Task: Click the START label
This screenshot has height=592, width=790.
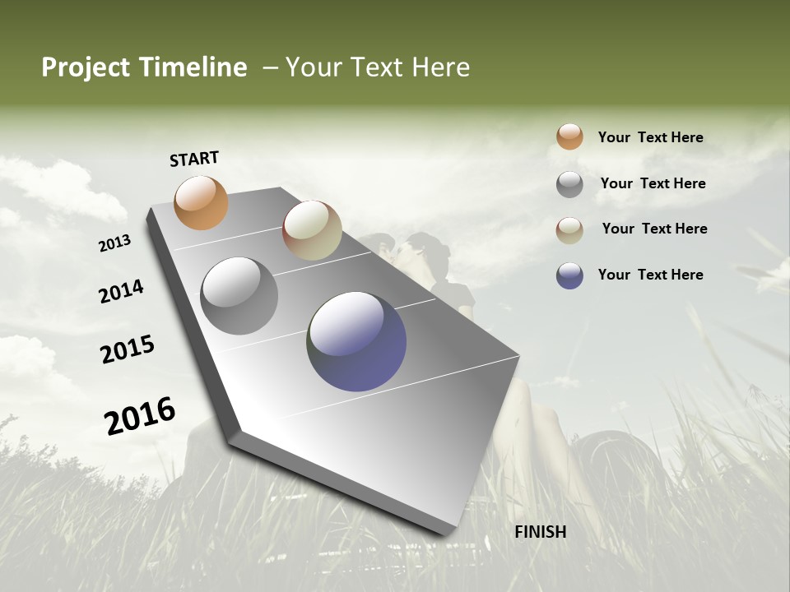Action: [194, 159]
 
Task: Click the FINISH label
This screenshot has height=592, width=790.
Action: [540, 532]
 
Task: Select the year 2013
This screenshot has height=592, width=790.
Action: [115, 243]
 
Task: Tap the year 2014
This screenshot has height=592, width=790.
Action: [121, 291]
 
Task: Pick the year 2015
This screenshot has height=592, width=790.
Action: [128, 349]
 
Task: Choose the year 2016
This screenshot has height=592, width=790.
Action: [140, 415]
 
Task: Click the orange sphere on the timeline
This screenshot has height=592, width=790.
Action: [201, 202]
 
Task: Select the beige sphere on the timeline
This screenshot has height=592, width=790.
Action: [312, 230]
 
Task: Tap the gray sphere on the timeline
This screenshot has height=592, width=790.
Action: [239, 296]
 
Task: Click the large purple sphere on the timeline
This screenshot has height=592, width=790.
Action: [356, 341]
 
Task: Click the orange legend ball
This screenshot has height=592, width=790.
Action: [569, 136]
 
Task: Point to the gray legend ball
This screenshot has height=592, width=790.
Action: [569, 184]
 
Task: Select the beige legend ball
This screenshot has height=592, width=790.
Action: [569, 230]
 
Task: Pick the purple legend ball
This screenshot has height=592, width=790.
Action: [569, 275]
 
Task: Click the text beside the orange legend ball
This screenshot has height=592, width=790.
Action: [650, 137]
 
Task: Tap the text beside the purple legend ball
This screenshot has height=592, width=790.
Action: [650, 275]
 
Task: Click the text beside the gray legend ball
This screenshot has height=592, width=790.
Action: [653, 183]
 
